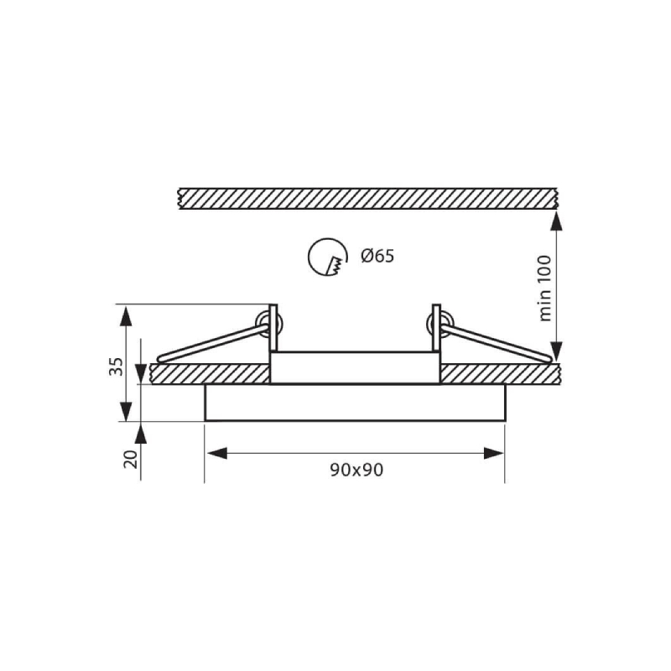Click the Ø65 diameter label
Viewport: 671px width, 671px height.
pos(377,256)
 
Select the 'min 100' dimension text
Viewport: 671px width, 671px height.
pos(544,288)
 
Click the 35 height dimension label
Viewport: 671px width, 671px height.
pos(116,366)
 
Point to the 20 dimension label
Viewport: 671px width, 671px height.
pos(132,459)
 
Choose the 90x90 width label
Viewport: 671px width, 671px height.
pos(356,470)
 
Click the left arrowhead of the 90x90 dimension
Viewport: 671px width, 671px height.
pos(216,453)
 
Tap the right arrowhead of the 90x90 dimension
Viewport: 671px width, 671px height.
pos(494,453)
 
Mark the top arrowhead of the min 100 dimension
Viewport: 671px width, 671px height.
pos(556,221)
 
